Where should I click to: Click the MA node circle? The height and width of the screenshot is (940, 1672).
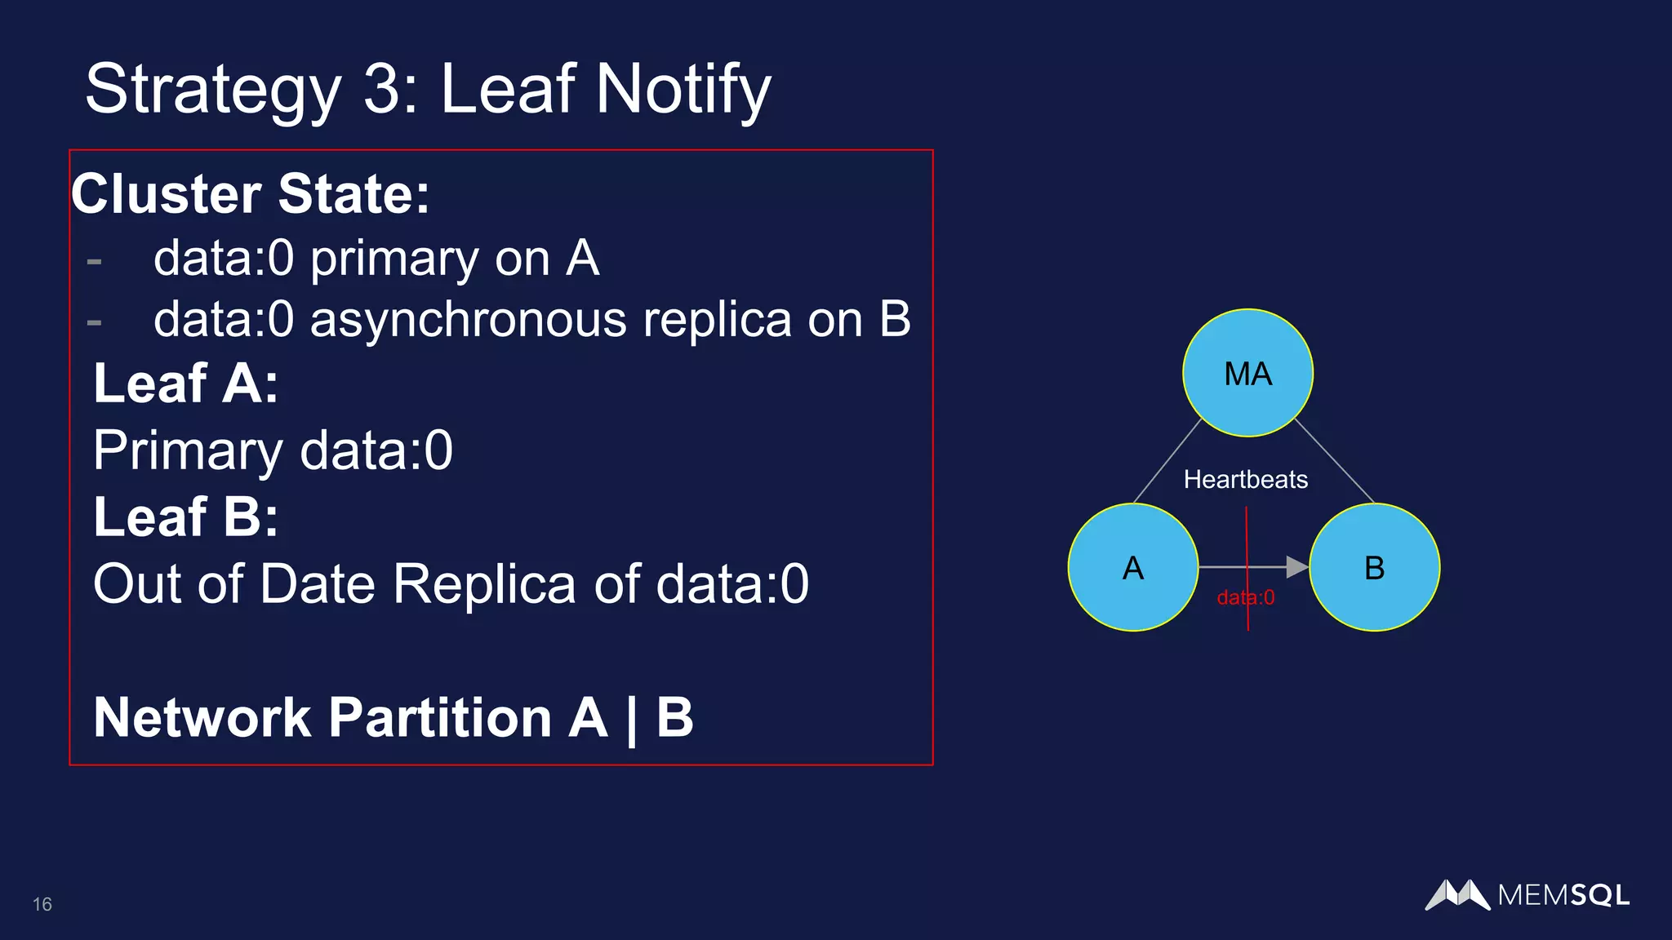(x=1247, y=373)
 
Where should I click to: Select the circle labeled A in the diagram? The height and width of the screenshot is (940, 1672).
(x=1132, y=567)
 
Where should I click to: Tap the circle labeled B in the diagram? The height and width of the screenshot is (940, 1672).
(x=1375, y=567)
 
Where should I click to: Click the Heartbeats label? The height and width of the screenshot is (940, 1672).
(x=1245, y=479)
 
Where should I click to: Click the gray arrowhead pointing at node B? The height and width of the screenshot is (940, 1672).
(x=1296, y=566)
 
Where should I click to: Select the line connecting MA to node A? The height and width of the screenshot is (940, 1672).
(x=1167, y=461)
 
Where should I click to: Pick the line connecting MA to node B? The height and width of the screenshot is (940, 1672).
(x=1335, y=461)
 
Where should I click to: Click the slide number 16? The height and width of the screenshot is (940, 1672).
(x=42, y=904)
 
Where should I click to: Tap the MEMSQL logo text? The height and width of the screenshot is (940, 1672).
(x=1563, y=895)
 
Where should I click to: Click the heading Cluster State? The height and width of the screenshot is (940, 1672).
(x=251, y=194)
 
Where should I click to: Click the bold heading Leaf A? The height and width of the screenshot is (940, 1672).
(x=186, y=383)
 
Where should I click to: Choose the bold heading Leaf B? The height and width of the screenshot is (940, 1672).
(x=186, y=517)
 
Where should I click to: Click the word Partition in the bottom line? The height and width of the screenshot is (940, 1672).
(x=440, y=717)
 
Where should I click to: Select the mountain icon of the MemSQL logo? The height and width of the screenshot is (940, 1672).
(x=1457, y=894)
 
